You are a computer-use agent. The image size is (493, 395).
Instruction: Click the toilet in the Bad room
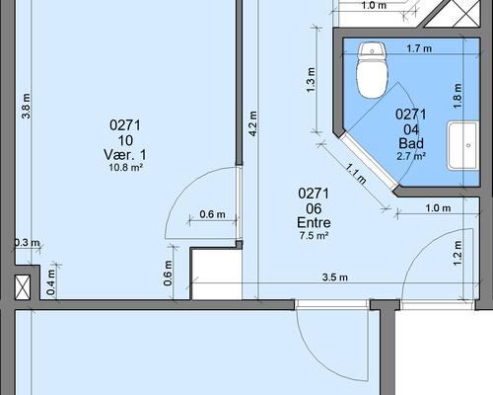tap(373, 70)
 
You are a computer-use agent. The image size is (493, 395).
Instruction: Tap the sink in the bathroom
tap(462, 145)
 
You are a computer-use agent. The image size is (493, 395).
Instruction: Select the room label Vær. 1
tap(125, 155)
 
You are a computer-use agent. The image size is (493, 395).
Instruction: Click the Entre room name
tap(314, 223)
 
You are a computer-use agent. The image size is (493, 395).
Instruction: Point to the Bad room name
tap(411, 143)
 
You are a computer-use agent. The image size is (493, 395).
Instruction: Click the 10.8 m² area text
tap(125, 168)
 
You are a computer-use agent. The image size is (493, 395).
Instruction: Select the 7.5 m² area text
tap(314, 236)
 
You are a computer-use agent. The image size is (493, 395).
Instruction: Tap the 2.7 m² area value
tap(411, 156)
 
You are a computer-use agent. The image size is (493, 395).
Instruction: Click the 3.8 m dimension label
tap(26, 106)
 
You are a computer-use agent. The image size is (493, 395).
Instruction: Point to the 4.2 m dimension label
tap(253, 123)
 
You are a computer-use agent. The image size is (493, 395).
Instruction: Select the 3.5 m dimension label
tap(334, 277)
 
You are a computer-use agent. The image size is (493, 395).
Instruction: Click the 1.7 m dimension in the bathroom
tap(419, 48)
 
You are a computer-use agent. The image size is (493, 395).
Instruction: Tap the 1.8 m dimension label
tap(458, 96)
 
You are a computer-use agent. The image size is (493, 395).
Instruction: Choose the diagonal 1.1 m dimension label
tap(356, 174)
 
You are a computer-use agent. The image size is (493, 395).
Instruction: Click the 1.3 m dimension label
tap(311, 80)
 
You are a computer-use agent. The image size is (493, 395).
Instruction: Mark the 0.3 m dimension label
tap(27, 243)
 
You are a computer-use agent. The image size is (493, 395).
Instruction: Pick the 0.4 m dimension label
tap(50, 282)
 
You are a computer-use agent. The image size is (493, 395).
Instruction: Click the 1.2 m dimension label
tap(458, 253)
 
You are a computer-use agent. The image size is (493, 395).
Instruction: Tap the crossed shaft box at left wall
tap(23, 287)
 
